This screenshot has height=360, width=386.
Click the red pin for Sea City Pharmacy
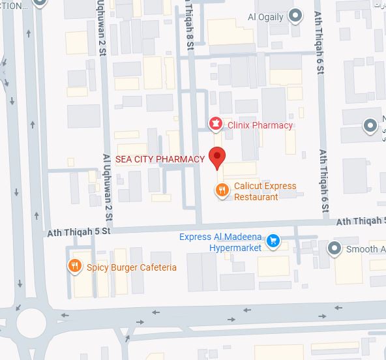[218, 158]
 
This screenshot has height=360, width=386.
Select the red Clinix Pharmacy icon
[215, 123]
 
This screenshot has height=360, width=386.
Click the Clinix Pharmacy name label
[260, 125]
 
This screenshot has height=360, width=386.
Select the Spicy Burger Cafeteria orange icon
[75, 266]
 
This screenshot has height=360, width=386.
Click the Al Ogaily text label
[265, 17]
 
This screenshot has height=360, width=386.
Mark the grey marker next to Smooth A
[334, 248]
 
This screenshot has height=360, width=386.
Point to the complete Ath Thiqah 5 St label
[80, 231]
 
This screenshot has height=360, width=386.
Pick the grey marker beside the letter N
[372, 124]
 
